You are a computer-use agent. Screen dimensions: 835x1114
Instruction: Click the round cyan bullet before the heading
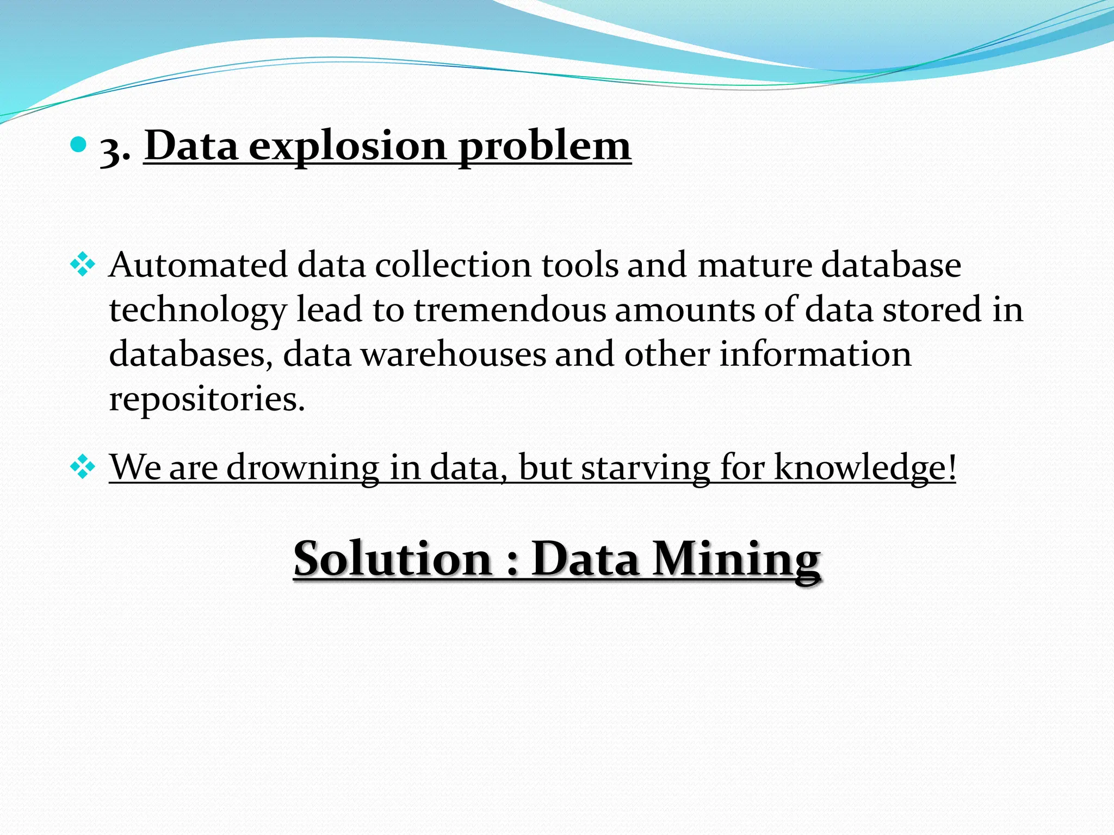(x=79, y=145)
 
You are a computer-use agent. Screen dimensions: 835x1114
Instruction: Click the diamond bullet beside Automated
(x=83, y=266)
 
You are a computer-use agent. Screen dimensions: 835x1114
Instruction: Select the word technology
(x=197, y=311)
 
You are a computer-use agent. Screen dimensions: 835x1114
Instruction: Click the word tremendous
(x=510, y=310)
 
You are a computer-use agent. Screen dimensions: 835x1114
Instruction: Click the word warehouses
(x=454, y=354)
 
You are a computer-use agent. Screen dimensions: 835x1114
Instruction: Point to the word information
(x=815, y=354)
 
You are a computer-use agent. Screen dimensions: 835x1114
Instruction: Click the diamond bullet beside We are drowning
(x=83, y=467)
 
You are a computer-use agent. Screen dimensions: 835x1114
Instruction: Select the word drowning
(x=303, y=467)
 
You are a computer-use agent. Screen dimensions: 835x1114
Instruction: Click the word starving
(x=645, y=467)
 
